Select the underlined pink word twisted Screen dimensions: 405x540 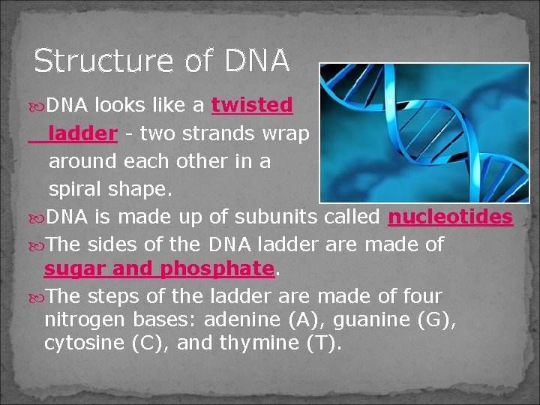252,106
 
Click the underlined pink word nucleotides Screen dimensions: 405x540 450,217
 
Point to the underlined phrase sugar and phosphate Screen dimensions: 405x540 159,268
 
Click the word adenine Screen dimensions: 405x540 244,319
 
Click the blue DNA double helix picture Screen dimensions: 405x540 424,133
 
